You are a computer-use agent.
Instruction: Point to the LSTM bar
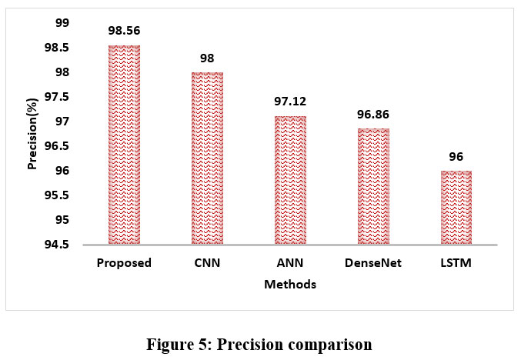tap(456, 207)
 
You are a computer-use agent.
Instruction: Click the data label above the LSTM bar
tap(456, 157)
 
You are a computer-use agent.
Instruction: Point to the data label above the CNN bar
tap(207, 58)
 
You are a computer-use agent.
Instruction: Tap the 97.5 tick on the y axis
tap(56, 97)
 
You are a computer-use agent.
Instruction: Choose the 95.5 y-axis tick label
tap(56, 195)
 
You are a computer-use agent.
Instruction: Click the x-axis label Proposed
tap(124, 264)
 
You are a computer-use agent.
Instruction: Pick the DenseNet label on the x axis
tap(373, 264)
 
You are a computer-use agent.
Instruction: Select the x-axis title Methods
tap(289, 285)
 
